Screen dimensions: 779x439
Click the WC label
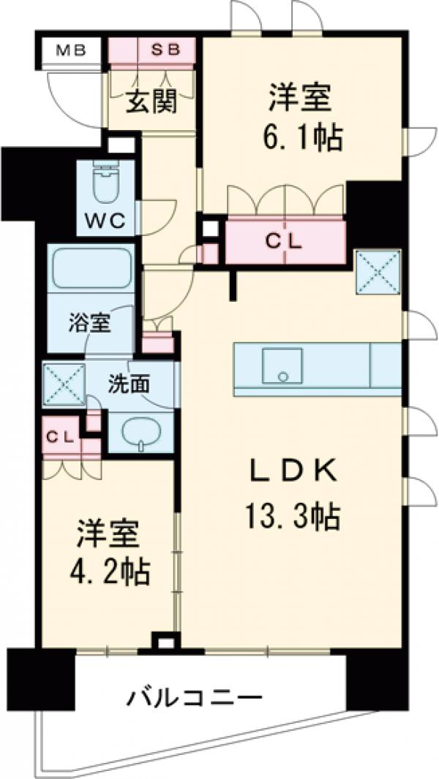point(105,219)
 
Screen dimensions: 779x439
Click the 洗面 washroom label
point(130,383)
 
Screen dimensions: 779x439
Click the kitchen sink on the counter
point(282,365)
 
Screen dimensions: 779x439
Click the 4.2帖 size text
point(113,570)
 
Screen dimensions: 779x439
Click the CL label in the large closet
point(285,241)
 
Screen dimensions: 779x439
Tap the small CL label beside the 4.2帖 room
point(60,436)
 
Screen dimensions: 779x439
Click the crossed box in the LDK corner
point(378,272)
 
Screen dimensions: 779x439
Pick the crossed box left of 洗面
point(63,382)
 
